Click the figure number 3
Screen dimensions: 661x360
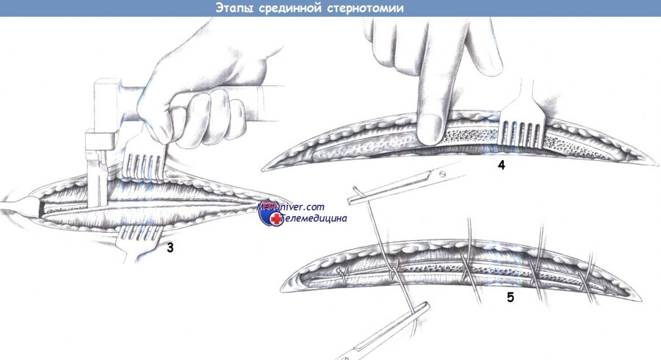pyautogui.click(x=170, y=248)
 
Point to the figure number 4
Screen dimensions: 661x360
pyautogui.click(x=501, y=165)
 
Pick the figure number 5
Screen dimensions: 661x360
pyautogui.click(x=510, y=298)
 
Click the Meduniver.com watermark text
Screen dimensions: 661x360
pyautogui.click(x=291, y=206)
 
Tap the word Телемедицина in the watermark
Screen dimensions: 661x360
pyautogui.click(x=314, y=218)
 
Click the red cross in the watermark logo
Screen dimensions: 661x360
pyautogui.click(x=276, y=218)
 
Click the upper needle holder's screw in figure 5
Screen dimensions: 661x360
pyautogui.click(x=442, y=173)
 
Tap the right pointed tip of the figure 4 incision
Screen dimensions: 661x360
pyautogui.click(x=657, y=165)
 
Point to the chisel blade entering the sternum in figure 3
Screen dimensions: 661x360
pyautogui.click(x=97, y=185)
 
